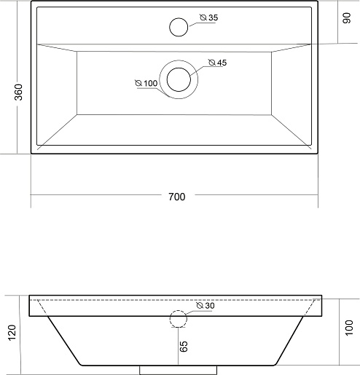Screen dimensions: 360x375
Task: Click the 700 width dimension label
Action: [x=177, y=197]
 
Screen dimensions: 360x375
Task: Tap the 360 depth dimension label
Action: [x=19, y=92]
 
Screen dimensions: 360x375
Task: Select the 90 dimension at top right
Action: [x=347, y=18]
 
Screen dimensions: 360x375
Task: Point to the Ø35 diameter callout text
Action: [x=209, y=17]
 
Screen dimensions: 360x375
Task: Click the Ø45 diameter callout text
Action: [x=218, y=63]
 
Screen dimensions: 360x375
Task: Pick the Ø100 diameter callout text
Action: [x=146, y=83]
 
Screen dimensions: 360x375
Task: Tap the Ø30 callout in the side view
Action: [x=206, y=306]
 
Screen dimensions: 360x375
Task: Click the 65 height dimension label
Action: [x=184, y=347]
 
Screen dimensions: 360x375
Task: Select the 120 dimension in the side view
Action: [x=12, y=333]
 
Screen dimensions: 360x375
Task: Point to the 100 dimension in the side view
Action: [x=349, y=328]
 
